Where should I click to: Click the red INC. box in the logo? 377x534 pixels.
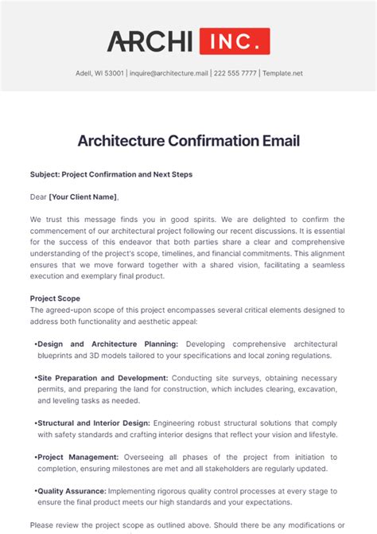(234, 41)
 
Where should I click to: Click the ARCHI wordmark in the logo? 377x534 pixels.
(150, 41)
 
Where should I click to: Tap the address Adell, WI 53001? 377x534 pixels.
(99, 73)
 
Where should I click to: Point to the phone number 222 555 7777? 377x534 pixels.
(235, 73)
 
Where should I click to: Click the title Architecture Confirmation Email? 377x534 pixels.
(188, 141)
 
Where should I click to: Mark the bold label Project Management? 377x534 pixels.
(78, 457)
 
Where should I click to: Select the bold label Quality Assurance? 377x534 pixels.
(72, 491)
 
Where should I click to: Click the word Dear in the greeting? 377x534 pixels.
(38, 197)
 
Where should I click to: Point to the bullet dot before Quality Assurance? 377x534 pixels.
(36, 491)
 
